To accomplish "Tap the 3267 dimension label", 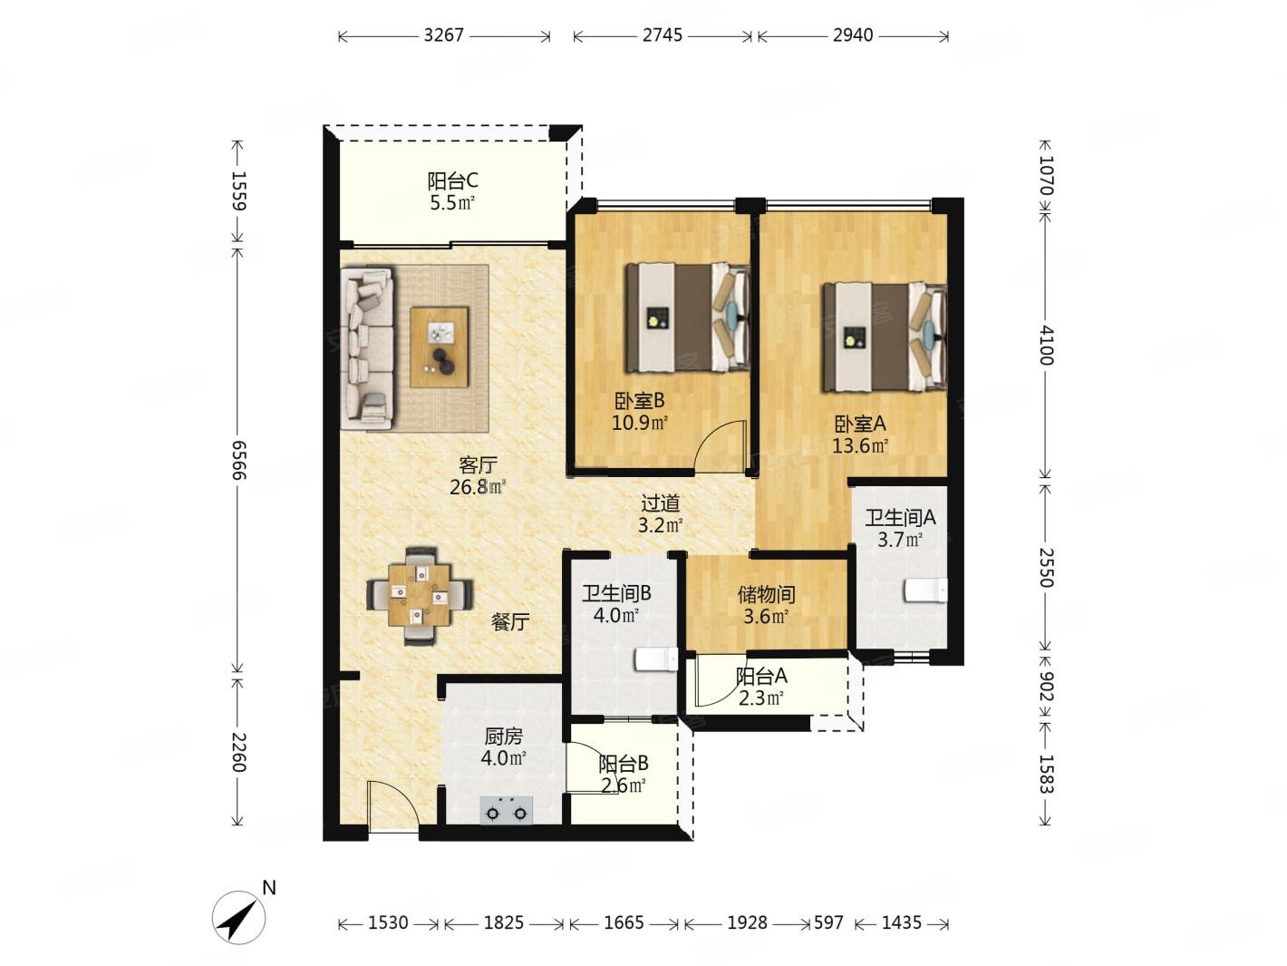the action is [x=444, y=35].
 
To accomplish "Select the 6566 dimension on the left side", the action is [x=238, y=460].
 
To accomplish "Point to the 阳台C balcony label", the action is [x=452, y=181].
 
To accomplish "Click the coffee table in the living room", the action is [x=440, y=346].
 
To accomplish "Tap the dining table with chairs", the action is [x=420, y=596].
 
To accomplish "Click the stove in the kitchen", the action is [x=507, y=811].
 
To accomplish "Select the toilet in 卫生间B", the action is [x=657, y=659].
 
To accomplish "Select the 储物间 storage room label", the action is [x=767, y=595].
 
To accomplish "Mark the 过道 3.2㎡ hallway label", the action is [x=660, y=513].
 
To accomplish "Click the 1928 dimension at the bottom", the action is [x=747, y=923].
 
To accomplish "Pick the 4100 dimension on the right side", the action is [x=1047, y=346].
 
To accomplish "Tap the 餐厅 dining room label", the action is [x=510, y=621].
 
